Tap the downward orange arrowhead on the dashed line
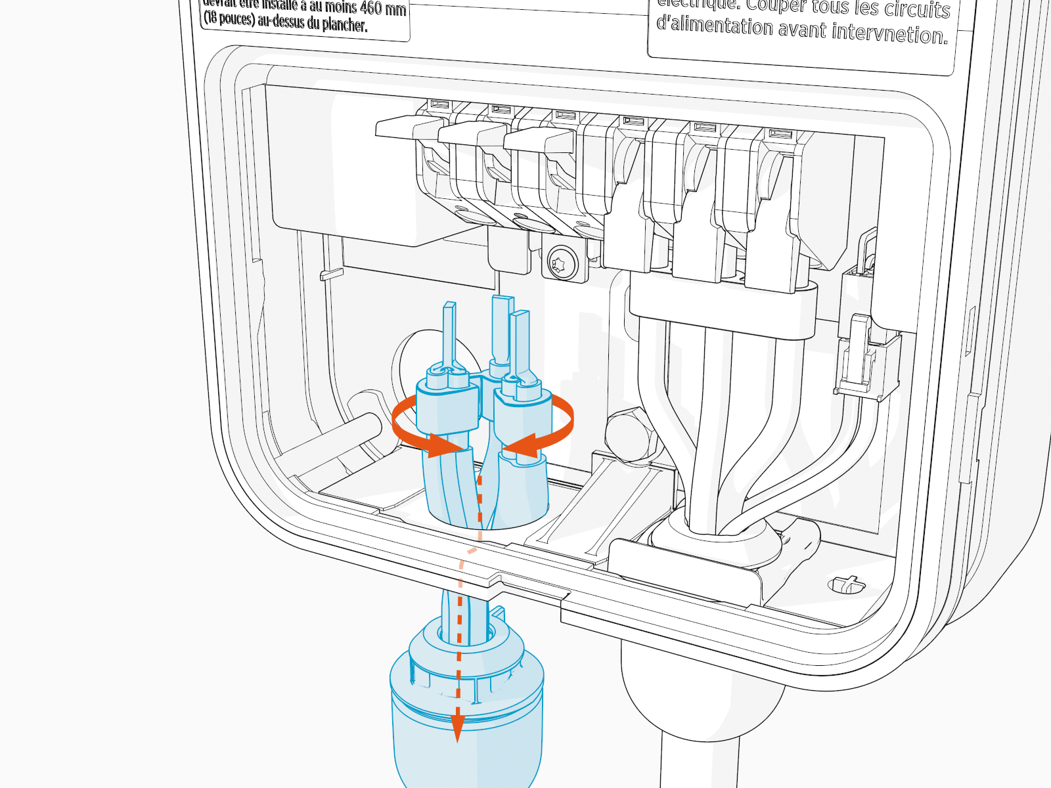point(457,728)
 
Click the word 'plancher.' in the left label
point(344,25)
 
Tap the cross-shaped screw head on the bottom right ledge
point(847,583)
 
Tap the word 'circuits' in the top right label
point(916,9)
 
